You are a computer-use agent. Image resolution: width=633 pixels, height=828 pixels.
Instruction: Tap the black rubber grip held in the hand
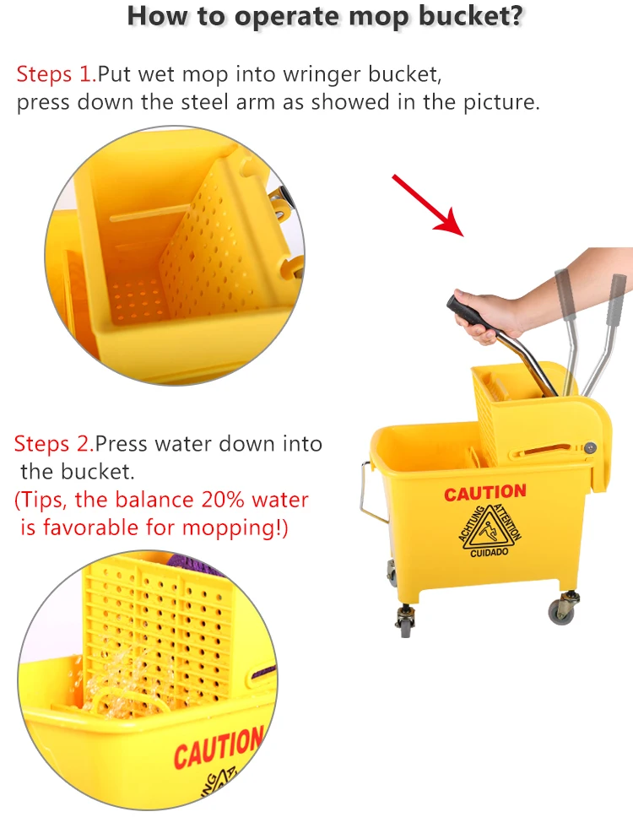[x=465, y=311]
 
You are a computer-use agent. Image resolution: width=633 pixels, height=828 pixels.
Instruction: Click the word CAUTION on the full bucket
[x=484, y=493]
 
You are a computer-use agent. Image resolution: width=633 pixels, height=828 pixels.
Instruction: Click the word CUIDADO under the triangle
[x=490, y=552]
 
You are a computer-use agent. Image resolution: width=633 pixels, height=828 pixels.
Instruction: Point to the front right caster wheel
[x=562, y=609]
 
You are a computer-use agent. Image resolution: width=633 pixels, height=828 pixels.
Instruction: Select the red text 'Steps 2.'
[x=53, y=443]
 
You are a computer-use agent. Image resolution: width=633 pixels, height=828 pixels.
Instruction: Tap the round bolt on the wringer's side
[x=590, y=447]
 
